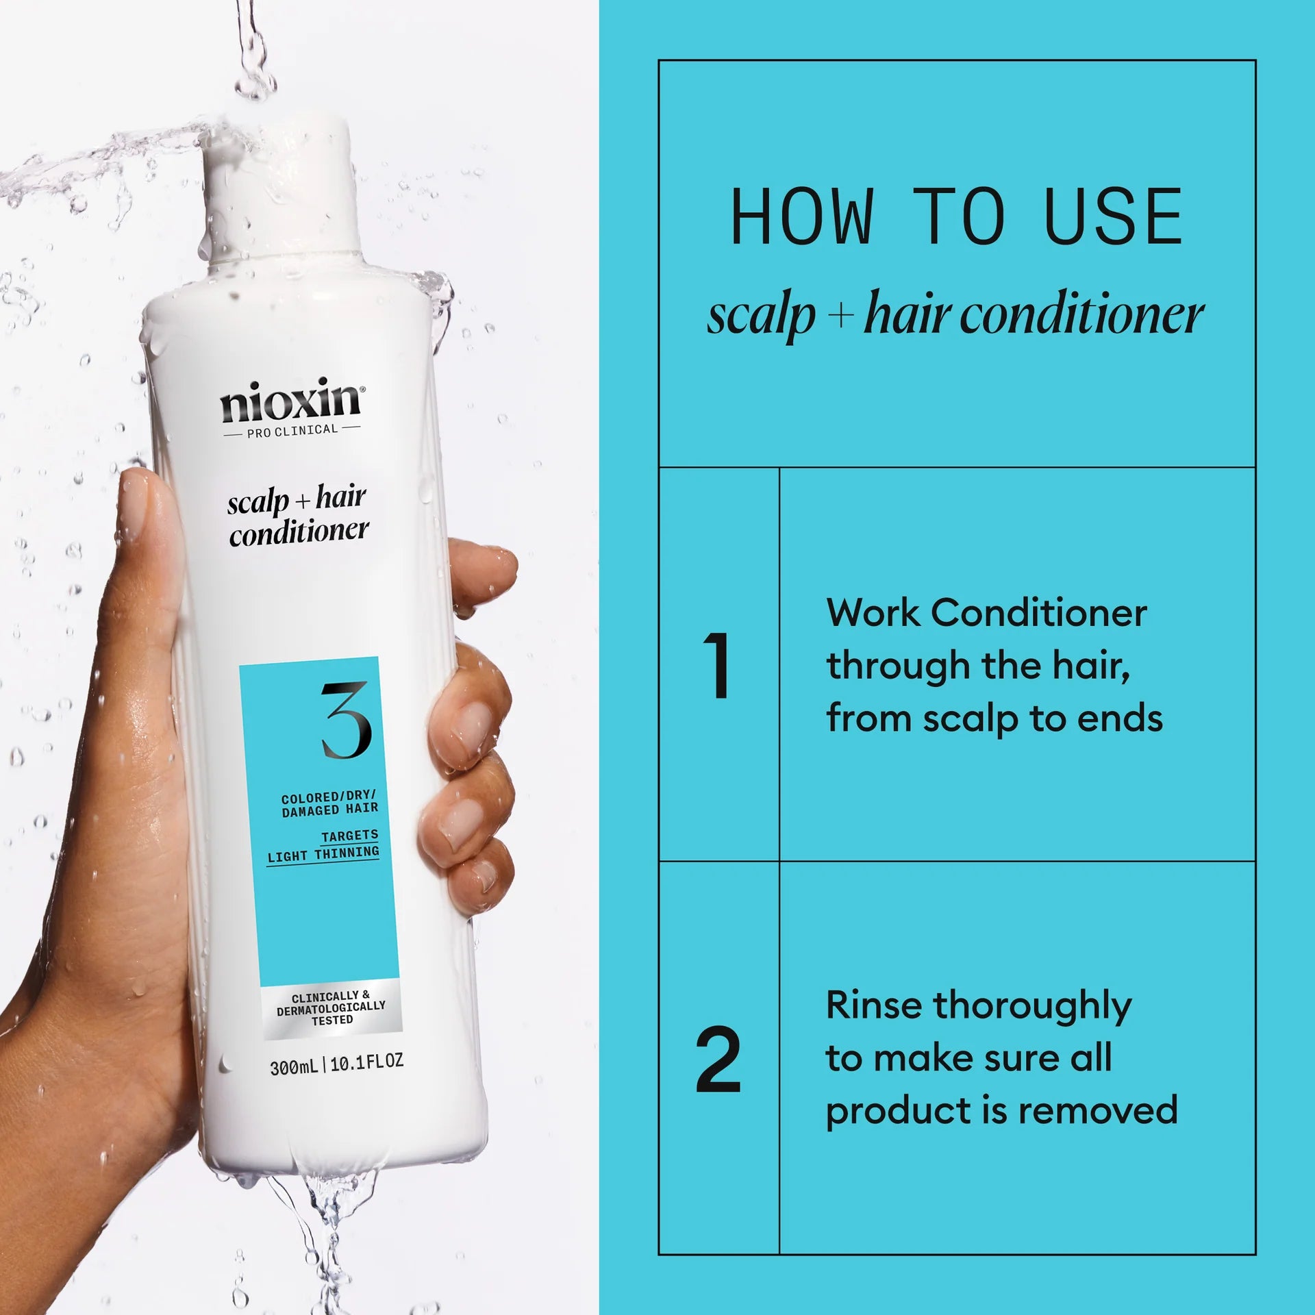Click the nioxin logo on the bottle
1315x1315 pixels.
(291, 403)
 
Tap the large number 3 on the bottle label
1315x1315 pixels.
(347, 720)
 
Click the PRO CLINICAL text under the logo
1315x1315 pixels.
(292, 431)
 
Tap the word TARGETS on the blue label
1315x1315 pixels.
(349, 836)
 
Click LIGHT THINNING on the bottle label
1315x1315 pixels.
(323, 854)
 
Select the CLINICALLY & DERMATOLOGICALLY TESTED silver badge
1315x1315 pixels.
(331, 1007)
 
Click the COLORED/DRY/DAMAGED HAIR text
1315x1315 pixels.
(329, 803)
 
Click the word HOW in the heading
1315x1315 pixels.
(802, 218)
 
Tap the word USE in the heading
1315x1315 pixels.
(1114, 218)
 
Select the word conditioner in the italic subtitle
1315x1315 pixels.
(1082, 316)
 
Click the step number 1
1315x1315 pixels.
(718, 665)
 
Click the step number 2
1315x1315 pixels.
(718, 1060)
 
